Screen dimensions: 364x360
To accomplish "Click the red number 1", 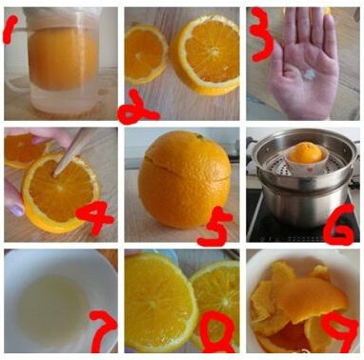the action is tap(10, 30).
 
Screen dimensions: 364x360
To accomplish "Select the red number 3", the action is tap(262, 34).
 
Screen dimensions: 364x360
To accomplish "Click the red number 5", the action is tap(214, 226).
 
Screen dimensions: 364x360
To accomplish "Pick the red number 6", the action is tap(338, 225).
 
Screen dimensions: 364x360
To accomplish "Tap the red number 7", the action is tap(102, 330).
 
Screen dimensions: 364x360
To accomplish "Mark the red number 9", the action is tap(340, 331).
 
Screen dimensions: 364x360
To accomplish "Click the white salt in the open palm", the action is tap(309, 75).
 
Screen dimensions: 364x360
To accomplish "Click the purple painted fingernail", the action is tap(16, 210).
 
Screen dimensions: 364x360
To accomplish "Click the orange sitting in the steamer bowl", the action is tap(306, 153).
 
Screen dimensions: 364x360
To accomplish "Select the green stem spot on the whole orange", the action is tap(200, 136).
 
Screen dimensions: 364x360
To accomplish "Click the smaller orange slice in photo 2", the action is tap(145, 54).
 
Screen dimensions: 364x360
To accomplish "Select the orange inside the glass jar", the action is tap(63, 58).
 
